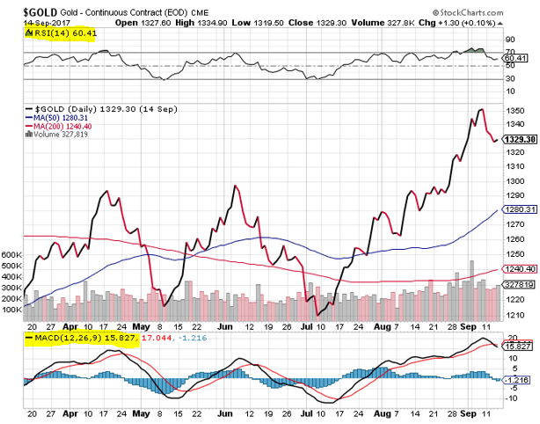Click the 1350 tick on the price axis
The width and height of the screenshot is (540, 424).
(x=514, y=111)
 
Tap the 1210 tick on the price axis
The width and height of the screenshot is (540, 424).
(x=514, y=315)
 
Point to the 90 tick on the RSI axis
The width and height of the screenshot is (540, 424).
(x=508, y=40)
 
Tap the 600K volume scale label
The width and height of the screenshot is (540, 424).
(x=11, y=254)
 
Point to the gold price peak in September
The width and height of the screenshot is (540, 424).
(x=480, y=109)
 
